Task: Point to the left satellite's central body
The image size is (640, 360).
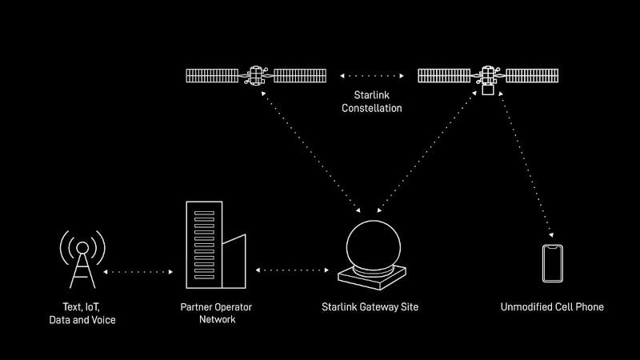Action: pyautogui.click(x=256, y=77)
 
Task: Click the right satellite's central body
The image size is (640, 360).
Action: pyautogui.click(x=487, y=77)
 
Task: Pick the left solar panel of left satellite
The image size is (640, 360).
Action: pyautogui.click(x=215, y=76)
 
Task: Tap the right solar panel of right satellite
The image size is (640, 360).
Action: pyautogui.click(x=529, y=76)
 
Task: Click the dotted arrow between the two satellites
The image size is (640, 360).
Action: pyautogui.click(x=371, y=76)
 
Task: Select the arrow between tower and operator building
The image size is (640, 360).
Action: pyautogui.click(x=138, y=271)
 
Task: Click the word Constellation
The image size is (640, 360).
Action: pyautogui.click(x=371, y=108)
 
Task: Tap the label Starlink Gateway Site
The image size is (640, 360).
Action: pyautogui.click(x=370, y=306)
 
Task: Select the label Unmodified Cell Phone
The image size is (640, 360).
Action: pyautogui.click(x=552, y=306)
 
